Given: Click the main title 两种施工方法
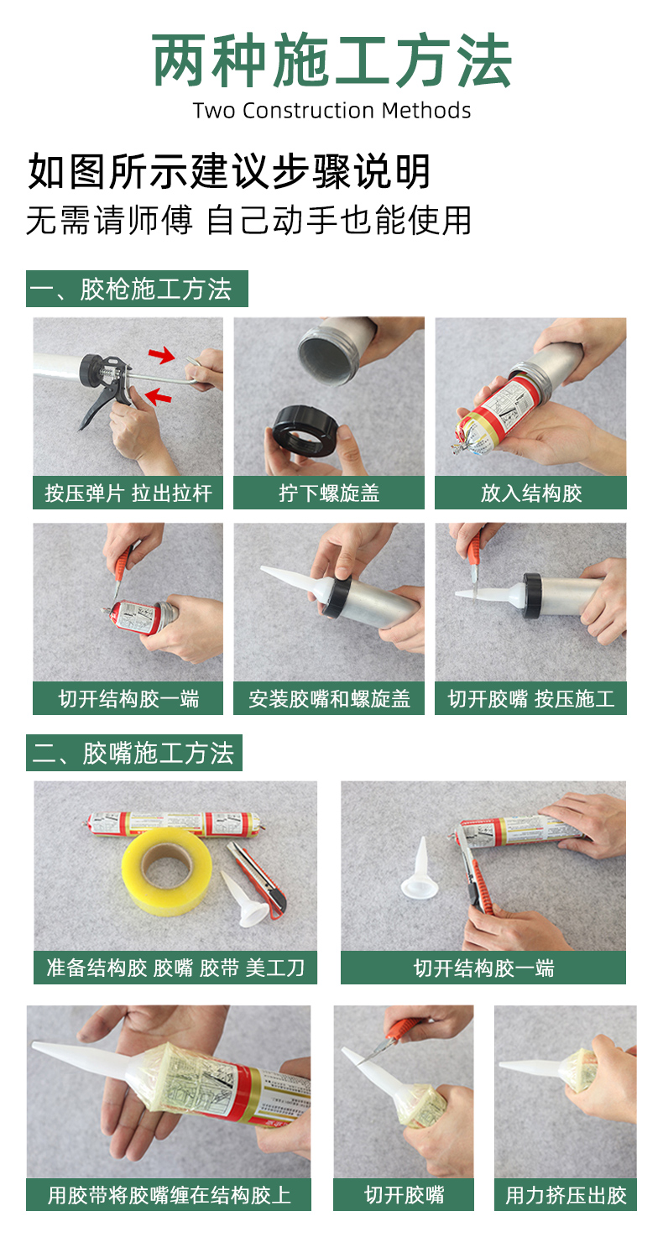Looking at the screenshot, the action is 331,60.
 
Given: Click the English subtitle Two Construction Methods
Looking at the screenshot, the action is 331,111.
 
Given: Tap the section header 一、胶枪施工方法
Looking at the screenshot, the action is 137,289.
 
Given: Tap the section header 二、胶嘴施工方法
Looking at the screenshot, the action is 134,753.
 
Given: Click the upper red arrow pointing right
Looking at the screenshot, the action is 161,355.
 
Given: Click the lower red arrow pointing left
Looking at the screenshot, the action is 159,395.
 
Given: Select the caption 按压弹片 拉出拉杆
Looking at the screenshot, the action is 128,493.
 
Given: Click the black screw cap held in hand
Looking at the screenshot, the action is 305,431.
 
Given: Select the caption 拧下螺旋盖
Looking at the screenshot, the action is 329,493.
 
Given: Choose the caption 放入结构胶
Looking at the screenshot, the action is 531,493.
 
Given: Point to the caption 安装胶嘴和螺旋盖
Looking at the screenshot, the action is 329,698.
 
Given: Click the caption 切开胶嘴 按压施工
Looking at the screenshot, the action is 531,698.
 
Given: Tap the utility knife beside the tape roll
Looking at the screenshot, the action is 257,877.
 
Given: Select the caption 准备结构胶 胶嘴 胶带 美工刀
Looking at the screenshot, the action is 175,968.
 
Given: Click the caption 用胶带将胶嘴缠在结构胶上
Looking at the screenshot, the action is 169,1195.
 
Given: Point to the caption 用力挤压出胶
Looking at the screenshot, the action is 566,1195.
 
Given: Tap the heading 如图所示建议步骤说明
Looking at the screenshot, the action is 229,172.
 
